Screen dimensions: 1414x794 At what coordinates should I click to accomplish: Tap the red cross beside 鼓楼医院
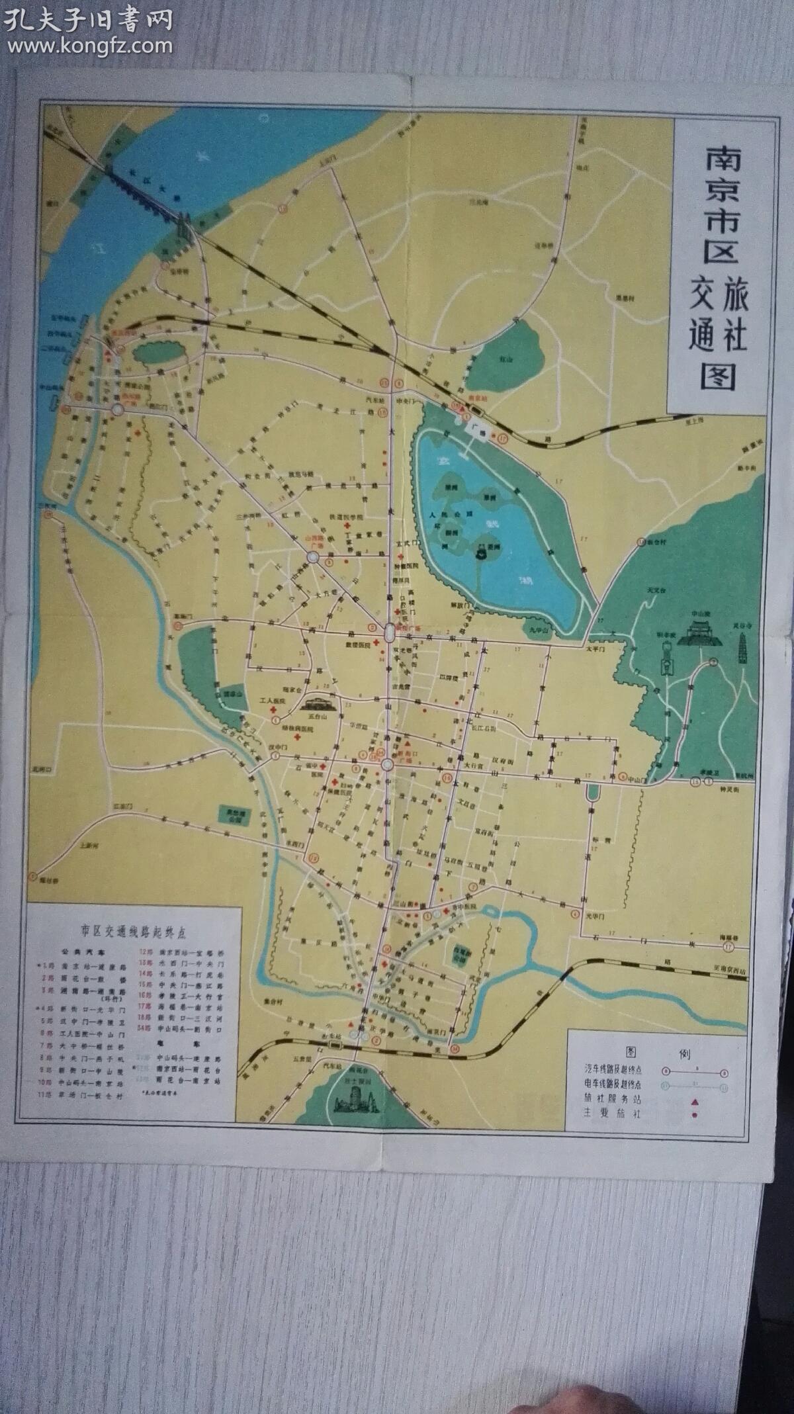point(375,642)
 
